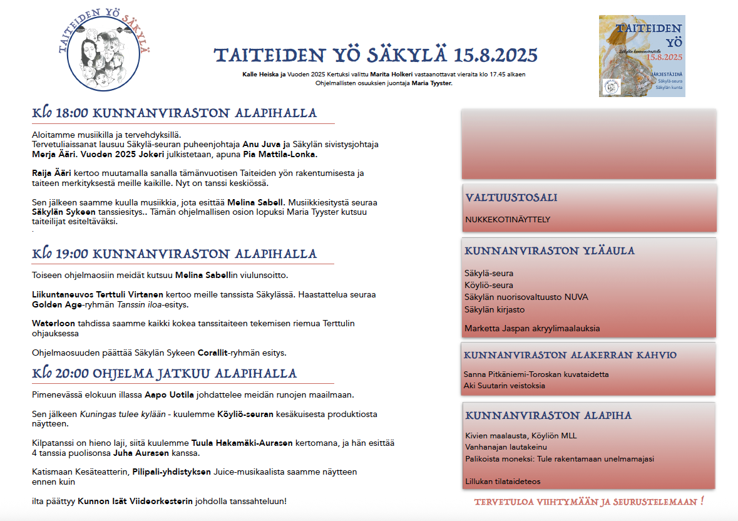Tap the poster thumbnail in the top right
click(x=642, y=56)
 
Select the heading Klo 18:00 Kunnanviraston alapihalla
click(x=175, y=114)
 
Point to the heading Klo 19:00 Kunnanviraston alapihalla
click(x=175, y=254)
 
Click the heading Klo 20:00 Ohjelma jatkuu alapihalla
click(x=164, y=374)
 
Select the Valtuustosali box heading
click(x=511, y=198)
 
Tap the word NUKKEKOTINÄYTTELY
click(x=508, y=220)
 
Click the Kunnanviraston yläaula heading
click(x=549, y=251)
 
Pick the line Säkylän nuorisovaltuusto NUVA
click(x=526, y=297)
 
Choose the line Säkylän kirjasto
click(x=495, y=309)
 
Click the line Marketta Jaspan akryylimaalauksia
click(x=532, y=328)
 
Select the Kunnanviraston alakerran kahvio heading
click(x=570, y=355)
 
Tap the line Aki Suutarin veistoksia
click(x=504, y=386)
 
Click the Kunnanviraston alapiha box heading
click(x=548, y=416)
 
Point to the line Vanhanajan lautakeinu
click(x=506, y=447)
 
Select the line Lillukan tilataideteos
click(x=503, y=482)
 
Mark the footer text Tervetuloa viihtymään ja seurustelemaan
click(x=589, y=502)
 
